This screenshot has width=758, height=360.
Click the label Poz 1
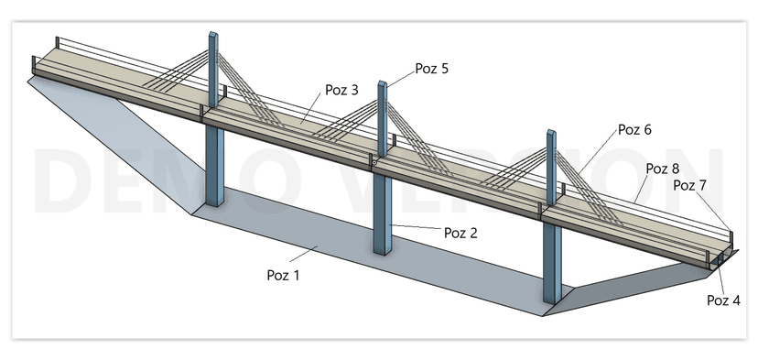click(x=283, y=276)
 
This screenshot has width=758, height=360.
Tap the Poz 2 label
click(x=460, y=233)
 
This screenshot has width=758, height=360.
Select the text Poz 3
click(x=341, y=90)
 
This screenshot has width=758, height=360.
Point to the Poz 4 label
click(x=723, y=300)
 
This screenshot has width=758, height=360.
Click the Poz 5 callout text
click(x=432, y=69)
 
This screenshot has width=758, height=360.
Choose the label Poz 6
click(x=634, y=130)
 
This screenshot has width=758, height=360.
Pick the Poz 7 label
click(x=690, y=185)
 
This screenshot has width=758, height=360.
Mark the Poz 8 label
click(x=663, y=169)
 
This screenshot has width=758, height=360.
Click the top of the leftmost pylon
click(x=213, y=34)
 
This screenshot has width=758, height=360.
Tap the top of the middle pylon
click(x=382, y=82)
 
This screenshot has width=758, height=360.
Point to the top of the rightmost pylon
click(x=551, y=132)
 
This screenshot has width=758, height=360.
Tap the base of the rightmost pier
click(x=552, y=300)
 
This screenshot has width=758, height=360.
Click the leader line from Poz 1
click(x=304, y=254)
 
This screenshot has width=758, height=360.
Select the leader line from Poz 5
click(x=401, y=79)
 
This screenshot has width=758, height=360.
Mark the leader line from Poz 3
click(x=310, y=108)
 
